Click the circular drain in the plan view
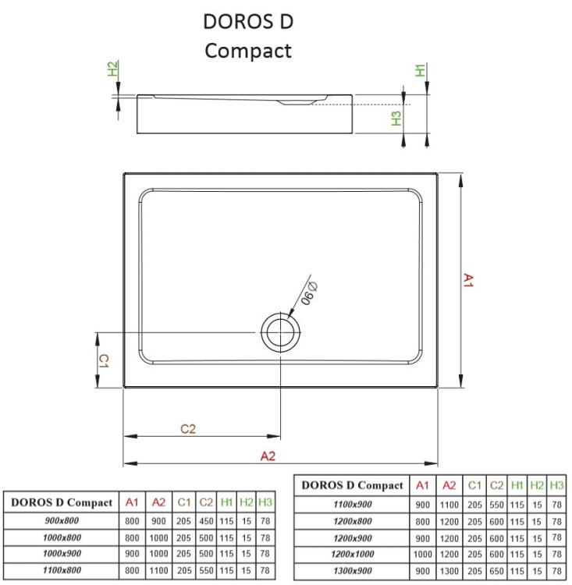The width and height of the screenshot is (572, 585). (x=280, y=332)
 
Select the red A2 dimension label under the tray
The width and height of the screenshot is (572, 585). (x=268, y=456)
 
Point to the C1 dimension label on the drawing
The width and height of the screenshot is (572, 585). (x=103, y=360)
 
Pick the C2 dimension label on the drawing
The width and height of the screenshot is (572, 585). (x=188, y=428)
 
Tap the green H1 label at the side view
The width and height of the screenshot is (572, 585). (x=421, y=70)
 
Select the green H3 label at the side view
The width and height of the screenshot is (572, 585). (x=396, y=119)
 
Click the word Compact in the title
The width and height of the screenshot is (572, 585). (x=247, y=51)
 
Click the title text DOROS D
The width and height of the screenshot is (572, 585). (x=248, y=21)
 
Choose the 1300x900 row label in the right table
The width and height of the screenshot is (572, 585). (x=353, y=571)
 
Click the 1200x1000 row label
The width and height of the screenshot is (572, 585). (x=353, y=555)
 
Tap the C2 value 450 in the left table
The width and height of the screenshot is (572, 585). (x=205, y=520)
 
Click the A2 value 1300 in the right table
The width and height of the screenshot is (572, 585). (x=449, y=571)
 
